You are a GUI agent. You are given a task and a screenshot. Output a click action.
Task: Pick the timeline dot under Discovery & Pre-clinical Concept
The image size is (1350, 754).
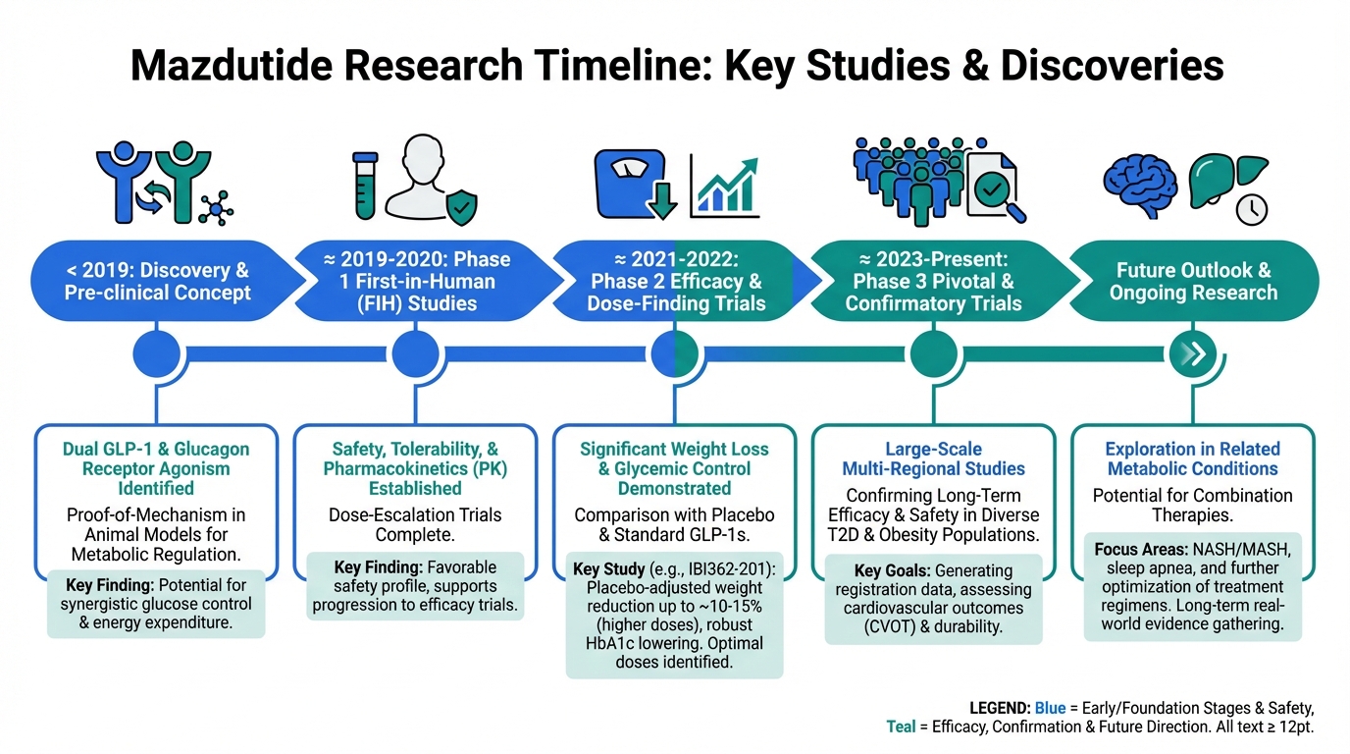click(156, 353)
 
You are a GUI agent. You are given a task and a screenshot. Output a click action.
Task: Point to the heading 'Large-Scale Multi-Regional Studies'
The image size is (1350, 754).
click(934, 458)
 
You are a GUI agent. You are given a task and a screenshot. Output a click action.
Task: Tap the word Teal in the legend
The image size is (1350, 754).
click(903, 727)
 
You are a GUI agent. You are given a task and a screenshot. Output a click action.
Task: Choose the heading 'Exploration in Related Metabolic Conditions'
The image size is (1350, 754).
click(1193, 458)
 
